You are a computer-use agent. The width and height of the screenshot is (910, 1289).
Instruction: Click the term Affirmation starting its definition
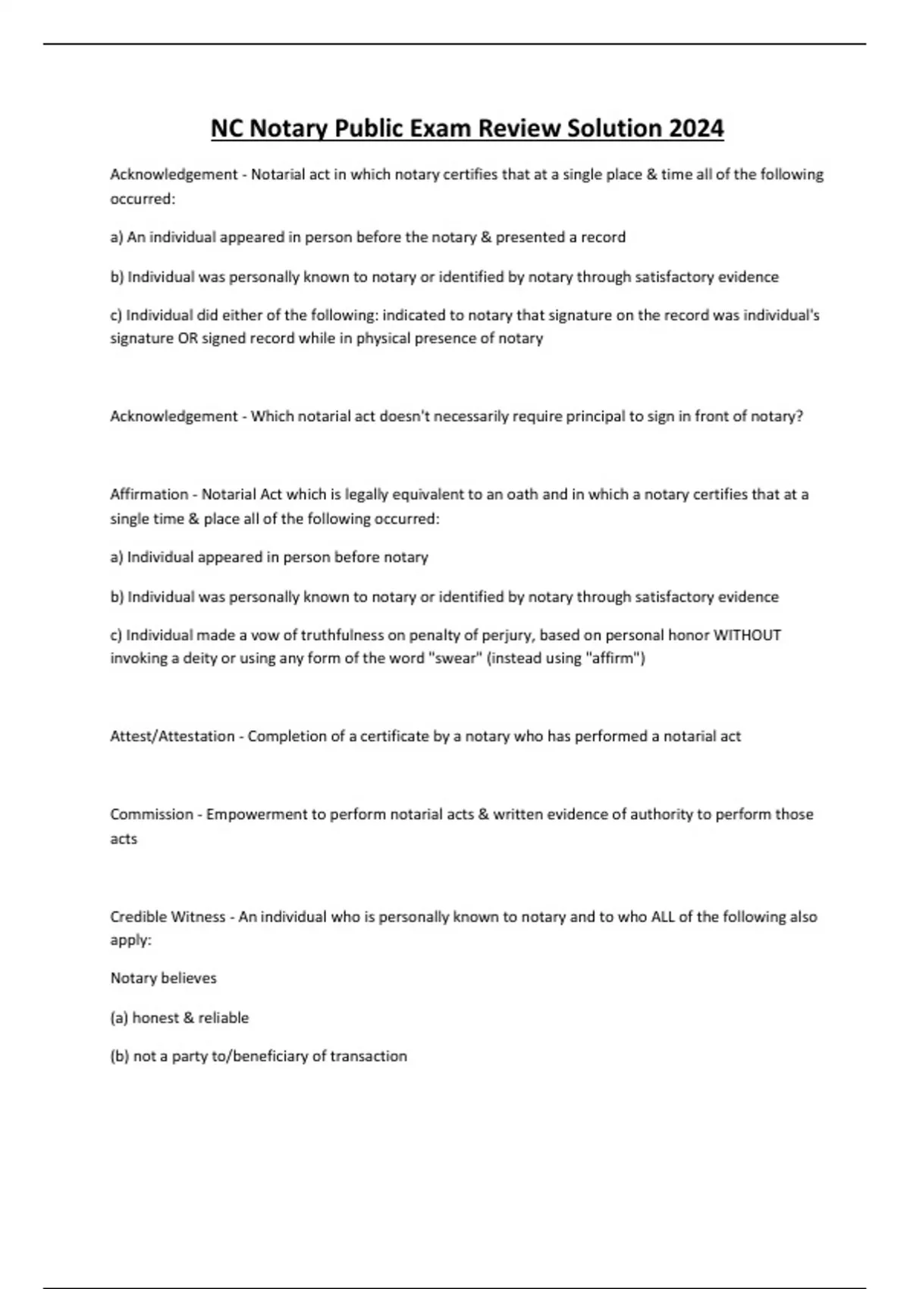coord(149,494)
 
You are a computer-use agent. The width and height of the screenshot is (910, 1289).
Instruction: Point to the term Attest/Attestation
coord(172,736)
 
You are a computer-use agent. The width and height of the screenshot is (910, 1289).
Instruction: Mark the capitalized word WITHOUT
coord(747,635)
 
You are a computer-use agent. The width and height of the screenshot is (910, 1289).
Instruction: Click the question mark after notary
coord(799,416)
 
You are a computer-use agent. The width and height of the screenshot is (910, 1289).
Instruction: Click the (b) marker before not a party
coord(120,1056)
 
